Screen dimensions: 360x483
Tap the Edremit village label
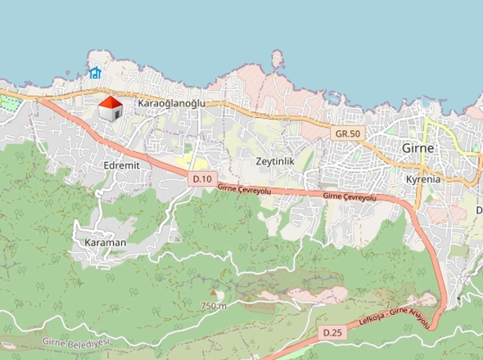tap(123, 165)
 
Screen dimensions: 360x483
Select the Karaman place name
tap(105, 243)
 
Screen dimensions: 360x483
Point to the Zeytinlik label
tap(274, 161)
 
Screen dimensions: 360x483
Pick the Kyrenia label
tap(423, 178)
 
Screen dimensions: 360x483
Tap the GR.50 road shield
tap(347, 133)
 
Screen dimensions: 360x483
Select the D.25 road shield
tap(332, 332)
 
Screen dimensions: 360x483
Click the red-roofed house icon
tap(110, 108)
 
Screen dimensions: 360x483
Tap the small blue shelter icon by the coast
tap(95, 73)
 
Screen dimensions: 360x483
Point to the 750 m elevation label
tap(213, 305)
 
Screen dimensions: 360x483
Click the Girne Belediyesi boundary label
tap(77, 344)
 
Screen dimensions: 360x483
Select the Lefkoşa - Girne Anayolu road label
tap(394, 323)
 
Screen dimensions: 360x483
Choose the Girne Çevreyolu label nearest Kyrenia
tap(349, 197)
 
